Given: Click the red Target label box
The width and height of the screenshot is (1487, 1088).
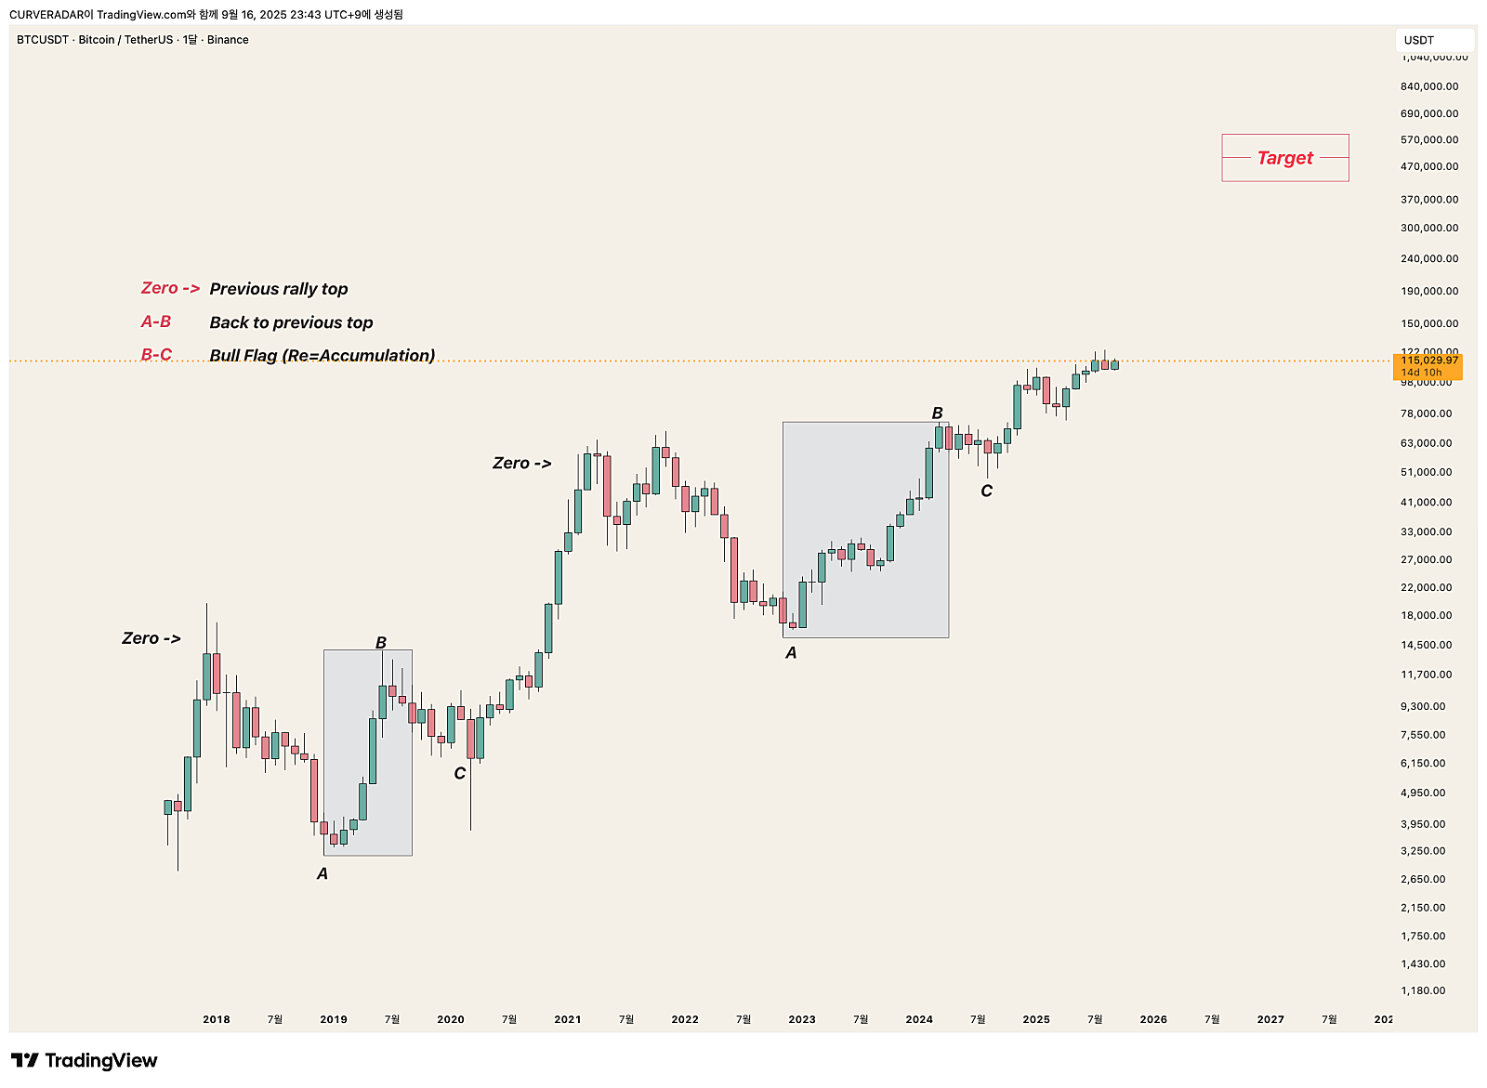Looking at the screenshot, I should point(1284,158).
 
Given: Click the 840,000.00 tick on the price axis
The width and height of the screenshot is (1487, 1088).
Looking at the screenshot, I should point(1429,86).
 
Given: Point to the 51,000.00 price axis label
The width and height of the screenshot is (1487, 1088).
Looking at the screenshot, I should point(1426,472).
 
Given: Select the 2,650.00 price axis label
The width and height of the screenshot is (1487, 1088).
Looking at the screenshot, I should point(1423,879).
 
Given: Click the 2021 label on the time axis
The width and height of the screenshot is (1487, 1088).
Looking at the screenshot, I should point(567,1019).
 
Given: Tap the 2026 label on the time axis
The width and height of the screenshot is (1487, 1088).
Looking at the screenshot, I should point(1152,1019).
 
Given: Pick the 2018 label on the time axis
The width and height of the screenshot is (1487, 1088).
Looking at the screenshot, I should point(216,1019).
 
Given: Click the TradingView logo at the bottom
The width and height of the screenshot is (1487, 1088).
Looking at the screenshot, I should point(85,1061).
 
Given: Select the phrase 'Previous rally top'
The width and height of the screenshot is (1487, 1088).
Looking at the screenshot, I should point(279,289).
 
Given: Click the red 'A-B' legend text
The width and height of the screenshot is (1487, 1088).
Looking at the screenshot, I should point(156,321).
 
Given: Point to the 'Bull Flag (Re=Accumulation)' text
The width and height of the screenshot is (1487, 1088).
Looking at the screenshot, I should point(322,355).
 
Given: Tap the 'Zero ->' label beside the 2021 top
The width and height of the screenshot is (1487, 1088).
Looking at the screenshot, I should point(521,463).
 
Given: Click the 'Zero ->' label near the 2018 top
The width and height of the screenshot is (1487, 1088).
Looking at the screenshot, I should point(151,638).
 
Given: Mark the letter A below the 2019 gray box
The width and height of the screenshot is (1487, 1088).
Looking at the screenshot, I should point(322,873).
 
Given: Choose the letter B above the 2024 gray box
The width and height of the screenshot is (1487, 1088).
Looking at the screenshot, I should point(937,413).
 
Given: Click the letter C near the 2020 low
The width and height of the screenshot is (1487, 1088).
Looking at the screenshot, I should point(459,773).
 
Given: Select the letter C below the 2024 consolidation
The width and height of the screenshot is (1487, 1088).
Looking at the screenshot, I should point(986,491).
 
